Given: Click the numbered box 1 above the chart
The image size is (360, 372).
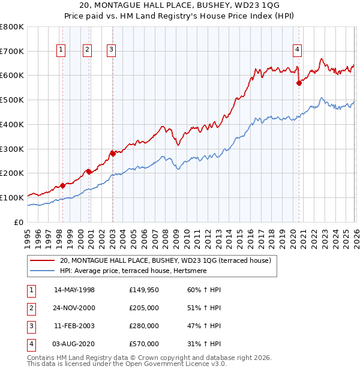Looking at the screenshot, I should [x=61, y=50].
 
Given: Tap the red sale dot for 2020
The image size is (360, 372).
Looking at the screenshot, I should [x=298, y=83].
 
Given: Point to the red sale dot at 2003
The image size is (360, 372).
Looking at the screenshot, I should [x=112, y=153].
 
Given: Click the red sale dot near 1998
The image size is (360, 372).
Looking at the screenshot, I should [x=62, y=185].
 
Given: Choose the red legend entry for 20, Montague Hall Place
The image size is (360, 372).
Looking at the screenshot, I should [x=166, y=260].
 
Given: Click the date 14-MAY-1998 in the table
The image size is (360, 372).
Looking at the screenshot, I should [x=74, y=290].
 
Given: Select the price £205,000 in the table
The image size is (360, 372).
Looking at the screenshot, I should [x=143, y=308].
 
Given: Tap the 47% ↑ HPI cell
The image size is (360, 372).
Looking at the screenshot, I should [x=204, y=326].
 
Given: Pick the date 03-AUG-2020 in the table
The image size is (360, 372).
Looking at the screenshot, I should [x=74, y=344].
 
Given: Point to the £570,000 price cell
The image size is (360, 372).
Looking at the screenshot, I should [x=143, y=344].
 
